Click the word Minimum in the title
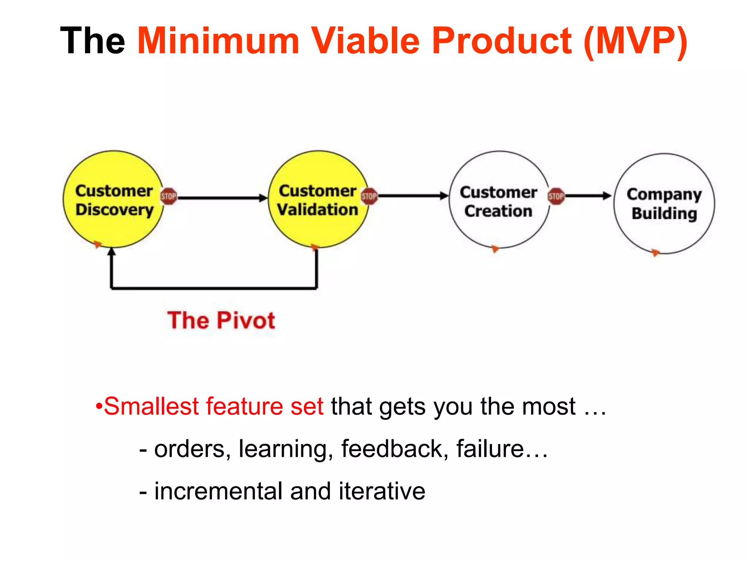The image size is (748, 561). point(218,41)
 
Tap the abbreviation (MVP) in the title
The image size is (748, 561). point(636,41)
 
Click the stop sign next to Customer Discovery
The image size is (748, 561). point(168,196)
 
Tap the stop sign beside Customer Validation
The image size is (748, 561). point(369,196)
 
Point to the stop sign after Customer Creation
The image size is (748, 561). point(556,196)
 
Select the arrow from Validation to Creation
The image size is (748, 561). point(413,196)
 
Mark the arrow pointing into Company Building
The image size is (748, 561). point(588,196)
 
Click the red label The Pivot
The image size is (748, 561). point(221,321)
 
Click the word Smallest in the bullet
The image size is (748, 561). point(152,406)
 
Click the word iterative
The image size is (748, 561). point(382,491)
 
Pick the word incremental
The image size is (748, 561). point(218,491)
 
